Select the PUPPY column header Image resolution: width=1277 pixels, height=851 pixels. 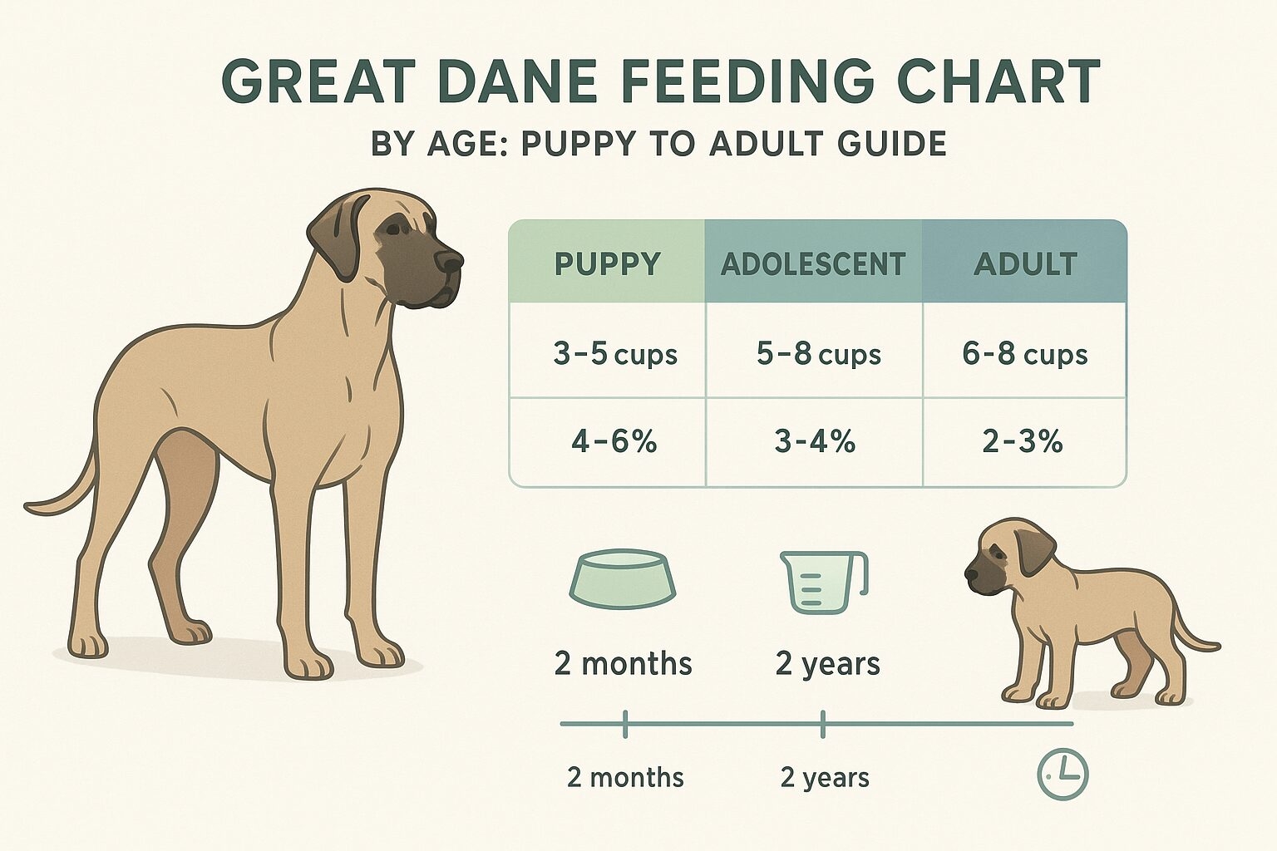(607, 264)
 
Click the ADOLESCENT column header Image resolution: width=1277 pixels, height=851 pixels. (813, 264)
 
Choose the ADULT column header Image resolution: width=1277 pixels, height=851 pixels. (1024, 264)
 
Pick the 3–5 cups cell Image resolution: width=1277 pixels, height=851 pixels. (615, 355)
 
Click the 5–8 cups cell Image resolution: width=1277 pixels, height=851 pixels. (818, 355)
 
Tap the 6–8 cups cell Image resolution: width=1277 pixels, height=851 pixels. (1024, 355)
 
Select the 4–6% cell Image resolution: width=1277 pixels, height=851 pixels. (614, 441)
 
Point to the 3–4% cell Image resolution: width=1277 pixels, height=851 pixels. (815, 441)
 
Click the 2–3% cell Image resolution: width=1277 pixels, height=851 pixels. (1023, 441)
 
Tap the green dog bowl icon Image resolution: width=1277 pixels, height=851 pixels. (623, 578)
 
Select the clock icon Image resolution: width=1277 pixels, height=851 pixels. (1063, 775)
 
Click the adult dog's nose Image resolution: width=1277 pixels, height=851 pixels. (451, 262)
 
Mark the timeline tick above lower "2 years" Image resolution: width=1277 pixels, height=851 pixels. (823, 725)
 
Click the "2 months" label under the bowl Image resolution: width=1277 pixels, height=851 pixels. (623, 664)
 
